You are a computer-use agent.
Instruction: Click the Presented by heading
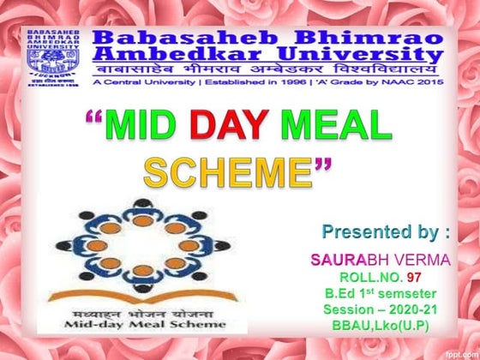pyautogui.click(x=386, y=231)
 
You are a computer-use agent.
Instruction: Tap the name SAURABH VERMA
pyautogui.click(x=369, y=259)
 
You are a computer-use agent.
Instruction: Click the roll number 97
pyautogui.click(x=414, y=277)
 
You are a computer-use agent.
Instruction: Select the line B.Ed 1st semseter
pyautogui.click(x=381, y=294)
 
